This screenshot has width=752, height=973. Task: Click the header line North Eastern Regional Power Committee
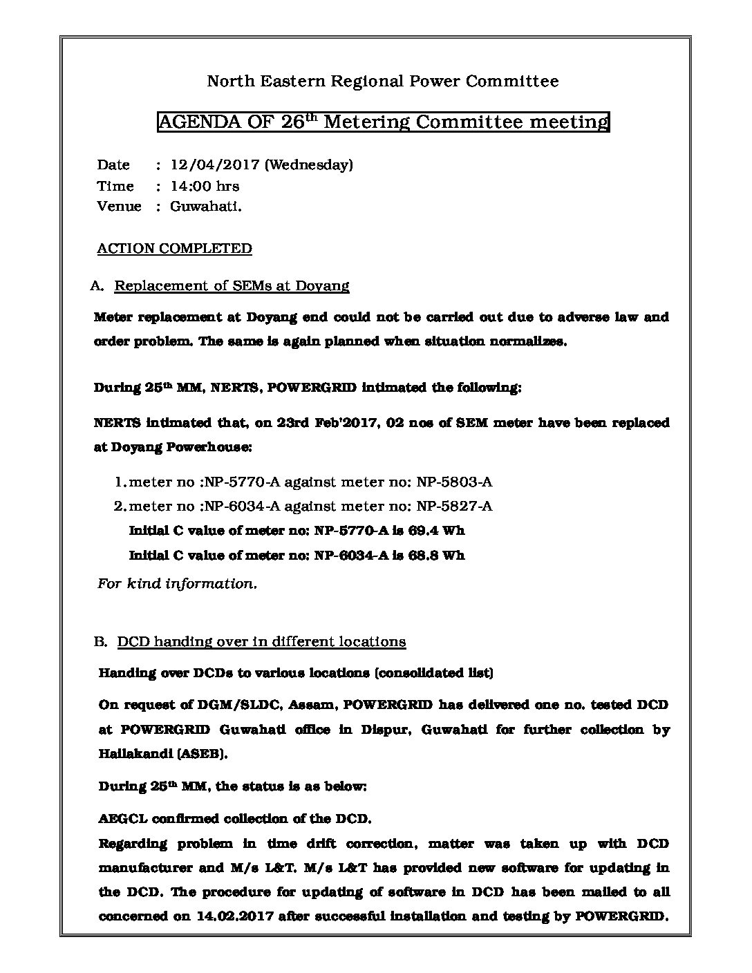[x=383, y=82]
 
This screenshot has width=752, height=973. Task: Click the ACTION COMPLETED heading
[x=174, y=248]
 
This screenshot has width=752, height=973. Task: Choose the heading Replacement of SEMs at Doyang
[x=232, y=285]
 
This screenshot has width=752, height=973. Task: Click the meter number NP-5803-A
[x=454, y=482]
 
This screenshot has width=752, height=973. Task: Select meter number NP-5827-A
[x=454, y=506]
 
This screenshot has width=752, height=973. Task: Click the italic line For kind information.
[x=178, y=583]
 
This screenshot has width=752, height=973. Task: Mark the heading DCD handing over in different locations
[x=261, y=641]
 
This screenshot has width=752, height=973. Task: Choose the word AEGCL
[x=121, y=819]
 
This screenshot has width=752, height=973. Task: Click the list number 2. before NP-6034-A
[x=120, y=506]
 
